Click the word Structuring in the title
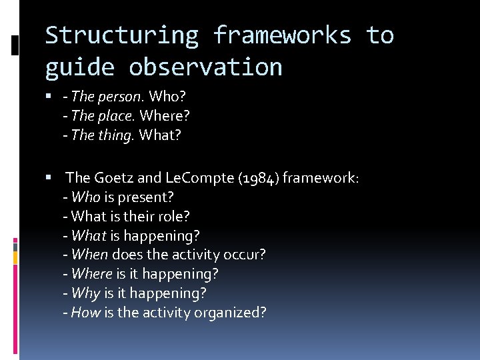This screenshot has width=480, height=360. pyautogui.click(x=121, y=35)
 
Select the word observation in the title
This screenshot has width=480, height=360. pyautogui.click(x=205, y=67)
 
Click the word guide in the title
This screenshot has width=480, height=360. pyautogui.click(x=79, y=67)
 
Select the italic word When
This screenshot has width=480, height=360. pyautogui.click(x=89, y=255)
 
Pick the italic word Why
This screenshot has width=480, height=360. pyautogui.click(x=85, y=293)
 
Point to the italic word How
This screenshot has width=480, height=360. pyautogui.click(x=85, y=313)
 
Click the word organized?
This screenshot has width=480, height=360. pyautogui.click(x=231, y=313)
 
